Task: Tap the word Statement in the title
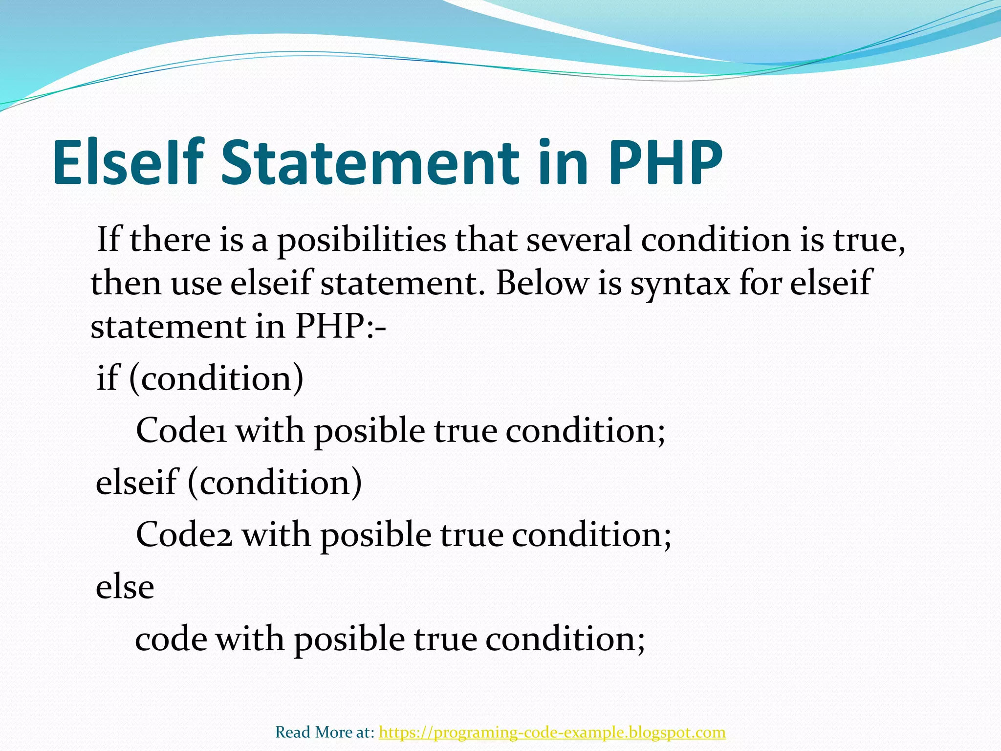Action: (370, 163)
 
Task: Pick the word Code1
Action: (181, 431)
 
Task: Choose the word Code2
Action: (184, 534)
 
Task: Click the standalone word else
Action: (125, 587)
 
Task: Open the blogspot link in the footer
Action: (552, 732)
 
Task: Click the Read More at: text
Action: (325, 732)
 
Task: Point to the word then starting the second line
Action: (126, 283)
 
